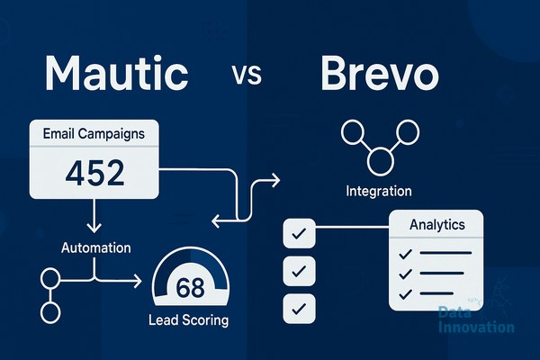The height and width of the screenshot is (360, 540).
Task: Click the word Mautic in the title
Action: (x=117, y=73)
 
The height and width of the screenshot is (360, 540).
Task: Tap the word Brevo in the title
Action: (x=380, y=73)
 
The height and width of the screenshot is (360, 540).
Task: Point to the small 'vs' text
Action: (x=247, y=75)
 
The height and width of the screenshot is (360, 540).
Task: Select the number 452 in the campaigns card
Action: (x=94, y=173)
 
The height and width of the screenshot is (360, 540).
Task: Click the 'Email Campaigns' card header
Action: (x=94, y=133)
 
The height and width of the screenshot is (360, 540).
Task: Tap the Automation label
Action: (x=96, y=247)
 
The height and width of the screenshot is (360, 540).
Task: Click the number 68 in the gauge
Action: (x=190, y=288)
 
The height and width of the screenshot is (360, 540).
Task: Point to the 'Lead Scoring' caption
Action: (x=189, y=319)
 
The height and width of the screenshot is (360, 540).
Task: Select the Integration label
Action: (x=379, y=191)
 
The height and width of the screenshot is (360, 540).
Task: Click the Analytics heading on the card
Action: (x=437, y=225)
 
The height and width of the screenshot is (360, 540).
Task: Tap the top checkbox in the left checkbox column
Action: (x=299, y=233)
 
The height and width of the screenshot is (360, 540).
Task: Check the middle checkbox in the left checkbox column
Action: (x=299, y=271)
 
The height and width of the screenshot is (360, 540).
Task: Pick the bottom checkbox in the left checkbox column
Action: (x=299, y=309)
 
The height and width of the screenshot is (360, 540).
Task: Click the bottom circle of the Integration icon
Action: (x=380, y=161)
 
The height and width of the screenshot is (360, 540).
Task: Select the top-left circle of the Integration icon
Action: (x=353, y=132)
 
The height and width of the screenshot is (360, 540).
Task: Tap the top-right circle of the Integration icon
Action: (x=408, y=132)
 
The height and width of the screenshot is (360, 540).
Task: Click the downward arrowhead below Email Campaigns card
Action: (x=94, y=228)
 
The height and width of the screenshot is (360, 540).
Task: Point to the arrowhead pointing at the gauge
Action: (x=138, y=281)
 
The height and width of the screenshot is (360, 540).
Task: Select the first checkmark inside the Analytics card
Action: (x=405, y=254)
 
